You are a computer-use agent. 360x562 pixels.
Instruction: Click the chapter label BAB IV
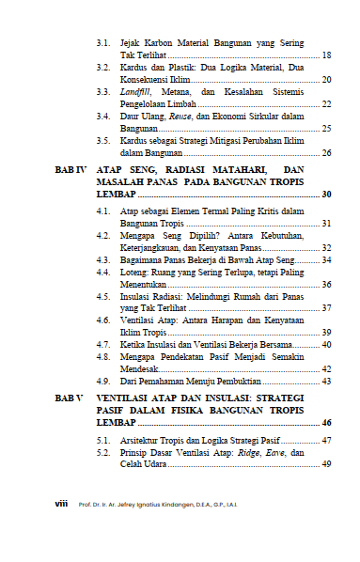point(70,168)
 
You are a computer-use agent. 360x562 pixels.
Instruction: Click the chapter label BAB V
point(70,398)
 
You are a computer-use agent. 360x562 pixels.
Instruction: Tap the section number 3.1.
point(104,43)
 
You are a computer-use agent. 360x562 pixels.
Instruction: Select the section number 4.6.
point(104,320)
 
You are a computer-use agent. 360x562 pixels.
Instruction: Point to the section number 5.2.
point(104,452)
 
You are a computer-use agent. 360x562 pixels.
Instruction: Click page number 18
point(326,55)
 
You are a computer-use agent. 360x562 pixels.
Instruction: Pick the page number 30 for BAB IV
point(326,194)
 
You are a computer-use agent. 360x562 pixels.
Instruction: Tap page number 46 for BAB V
point(326,424)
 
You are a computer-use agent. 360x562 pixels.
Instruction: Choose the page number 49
point(326,464)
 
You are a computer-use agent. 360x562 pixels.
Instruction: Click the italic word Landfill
point(136,92)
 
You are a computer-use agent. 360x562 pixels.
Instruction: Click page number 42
point(326,370)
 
